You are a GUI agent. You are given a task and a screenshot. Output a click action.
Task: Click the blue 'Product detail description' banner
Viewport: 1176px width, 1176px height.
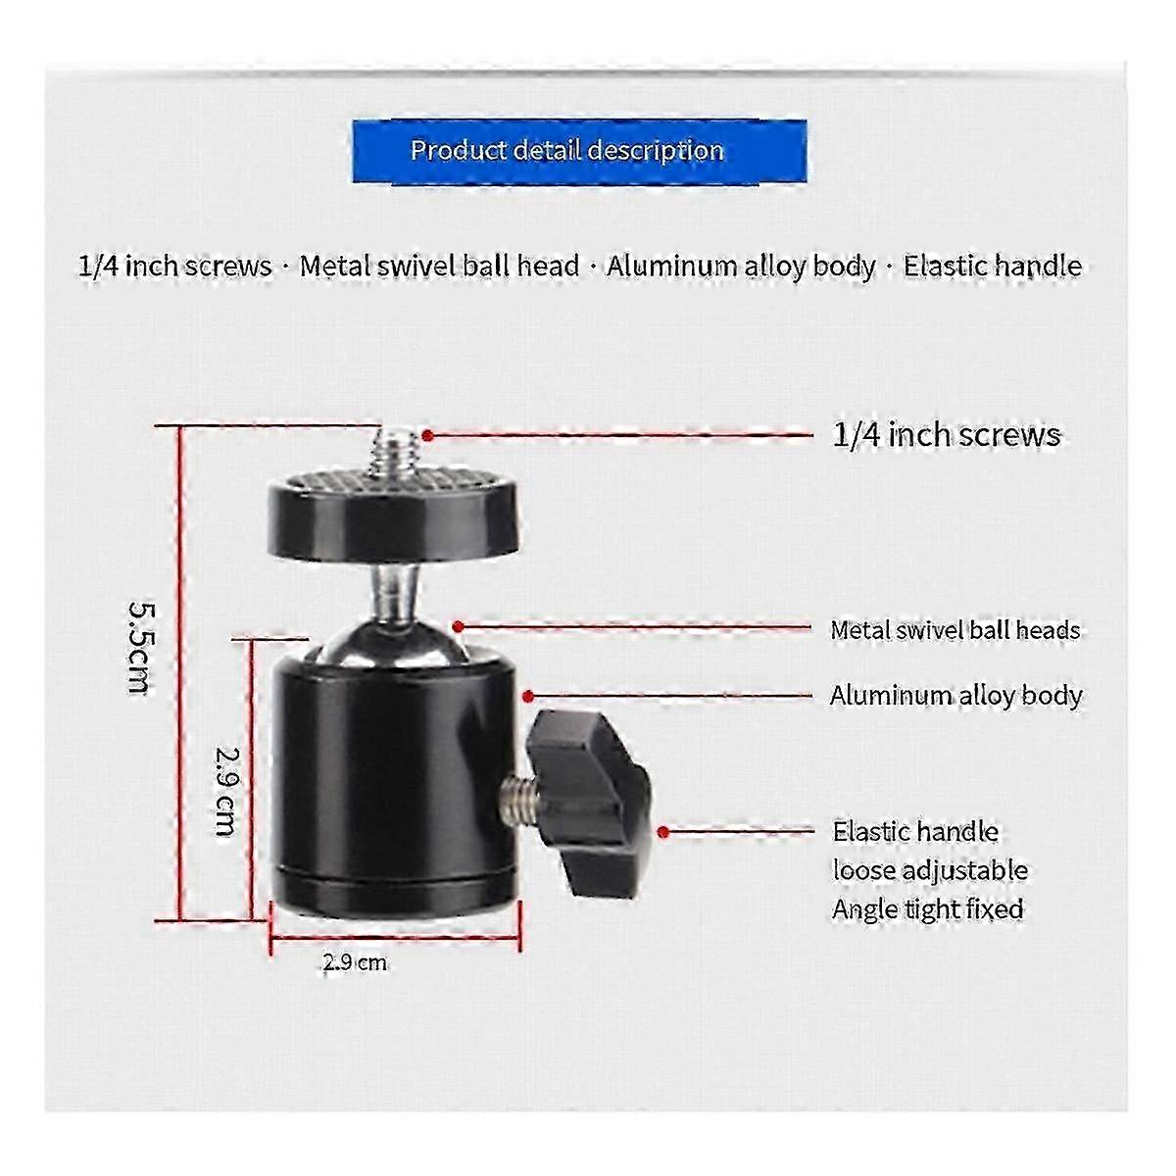click(x=579, y=151)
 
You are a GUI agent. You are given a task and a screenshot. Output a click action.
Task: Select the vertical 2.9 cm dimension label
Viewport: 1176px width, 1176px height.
click(x=225, y=791)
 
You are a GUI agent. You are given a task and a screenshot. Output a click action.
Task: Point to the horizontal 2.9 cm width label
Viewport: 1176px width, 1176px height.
click(x=355, y=962)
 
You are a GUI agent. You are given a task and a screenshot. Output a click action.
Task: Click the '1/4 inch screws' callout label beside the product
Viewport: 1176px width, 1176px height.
click(x=947, y=435)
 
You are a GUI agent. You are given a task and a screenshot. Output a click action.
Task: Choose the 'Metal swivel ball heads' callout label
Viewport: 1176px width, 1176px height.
click(x=955, y=630)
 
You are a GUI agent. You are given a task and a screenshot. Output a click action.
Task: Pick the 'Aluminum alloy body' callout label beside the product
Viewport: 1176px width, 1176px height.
click(x=955, y=695)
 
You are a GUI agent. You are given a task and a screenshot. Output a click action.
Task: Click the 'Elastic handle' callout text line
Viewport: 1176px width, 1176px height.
click(x=915, y=831)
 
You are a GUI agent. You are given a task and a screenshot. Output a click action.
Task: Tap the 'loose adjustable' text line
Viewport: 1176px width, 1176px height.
click(x=930, y=871)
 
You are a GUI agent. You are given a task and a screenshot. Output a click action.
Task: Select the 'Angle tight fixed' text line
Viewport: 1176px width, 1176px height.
click(x=928, y=909)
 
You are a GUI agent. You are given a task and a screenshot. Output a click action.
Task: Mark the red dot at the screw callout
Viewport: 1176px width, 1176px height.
click(x=428, y=436)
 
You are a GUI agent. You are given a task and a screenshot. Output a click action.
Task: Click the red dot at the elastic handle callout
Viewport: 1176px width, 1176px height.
click(x=664, y=832)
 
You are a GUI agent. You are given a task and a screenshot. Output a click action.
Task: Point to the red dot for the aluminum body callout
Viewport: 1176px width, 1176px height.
click(x=528, y=696)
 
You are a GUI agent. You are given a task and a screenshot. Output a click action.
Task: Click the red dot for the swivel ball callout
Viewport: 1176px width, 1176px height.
click(x=459, y=626)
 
